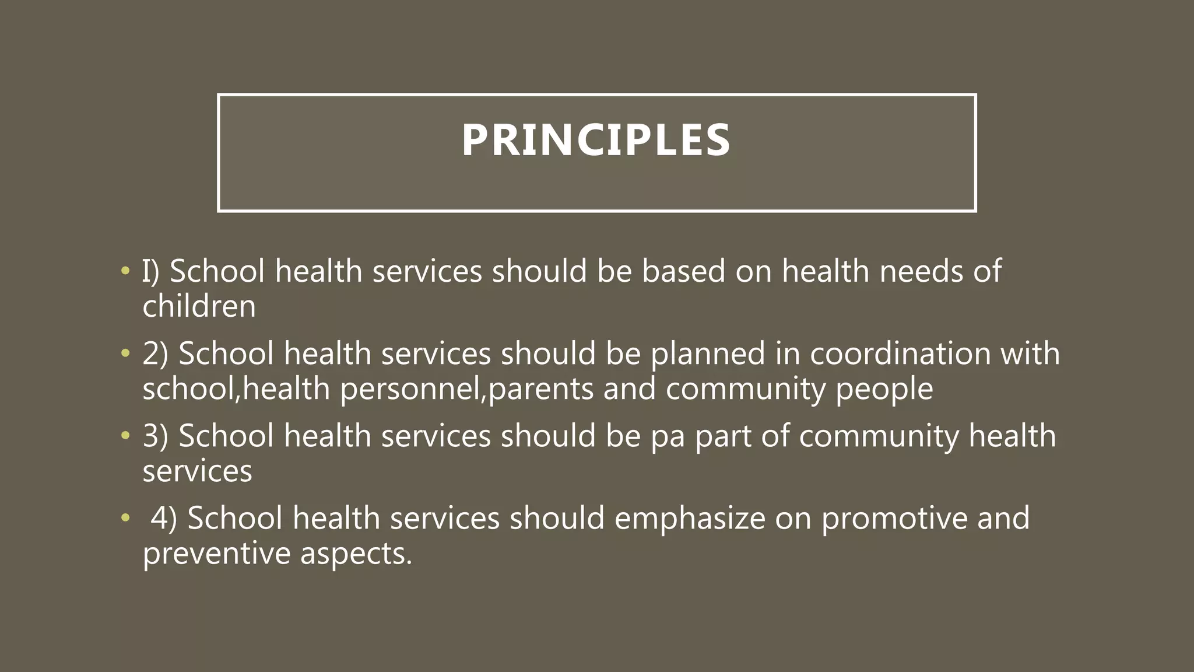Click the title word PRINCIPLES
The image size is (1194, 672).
(x=596, y=141)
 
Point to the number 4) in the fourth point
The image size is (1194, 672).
(x=164, y=518)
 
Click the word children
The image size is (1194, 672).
(x=199, y=306)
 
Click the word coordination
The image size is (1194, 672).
(x=900, y=353)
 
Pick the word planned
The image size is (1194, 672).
(x=708, y=353)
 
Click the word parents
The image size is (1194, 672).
(x=540, y=389)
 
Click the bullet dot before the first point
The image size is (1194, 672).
(x=124, y=271)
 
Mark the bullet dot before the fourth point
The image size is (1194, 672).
(x=124, y=518)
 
